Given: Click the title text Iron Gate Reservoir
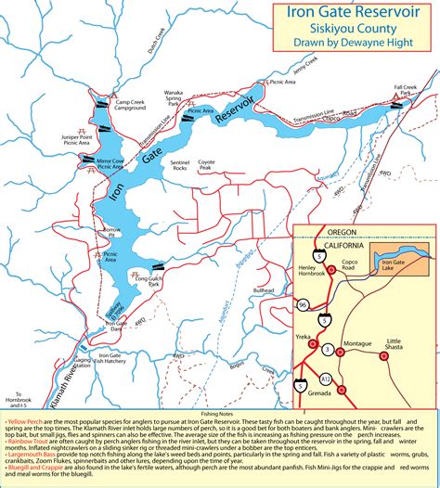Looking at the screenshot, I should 350,15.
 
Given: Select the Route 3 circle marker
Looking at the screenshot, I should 327,348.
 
